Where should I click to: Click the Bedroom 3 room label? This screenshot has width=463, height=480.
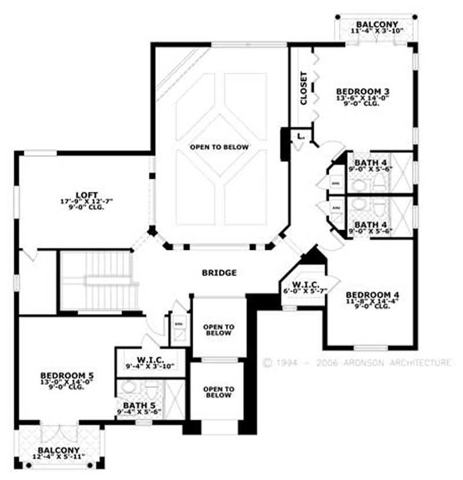tap(362, 91)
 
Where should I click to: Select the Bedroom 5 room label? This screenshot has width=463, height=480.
tap(67, 375)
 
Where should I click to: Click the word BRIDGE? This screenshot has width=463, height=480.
tap(219, 272)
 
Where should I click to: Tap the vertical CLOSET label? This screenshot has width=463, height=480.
tap(304, 88)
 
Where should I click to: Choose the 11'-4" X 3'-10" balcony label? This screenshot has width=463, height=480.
tap(377, 31)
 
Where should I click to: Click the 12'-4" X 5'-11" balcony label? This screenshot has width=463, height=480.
tap(58, 457)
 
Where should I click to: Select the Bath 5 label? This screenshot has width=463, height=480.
tap(139, 405)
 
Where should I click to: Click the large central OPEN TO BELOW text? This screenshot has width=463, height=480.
tap(219, 147)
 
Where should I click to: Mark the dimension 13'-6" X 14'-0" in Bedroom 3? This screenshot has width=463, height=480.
tap(362, 98)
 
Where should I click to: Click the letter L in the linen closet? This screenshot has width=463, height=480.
tap(299, 136)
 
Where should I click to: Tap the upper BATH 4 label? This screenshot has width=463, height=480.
tap(366, 162)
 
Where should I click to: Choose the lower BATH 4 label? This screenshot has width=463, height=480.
tap(366, 224)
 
